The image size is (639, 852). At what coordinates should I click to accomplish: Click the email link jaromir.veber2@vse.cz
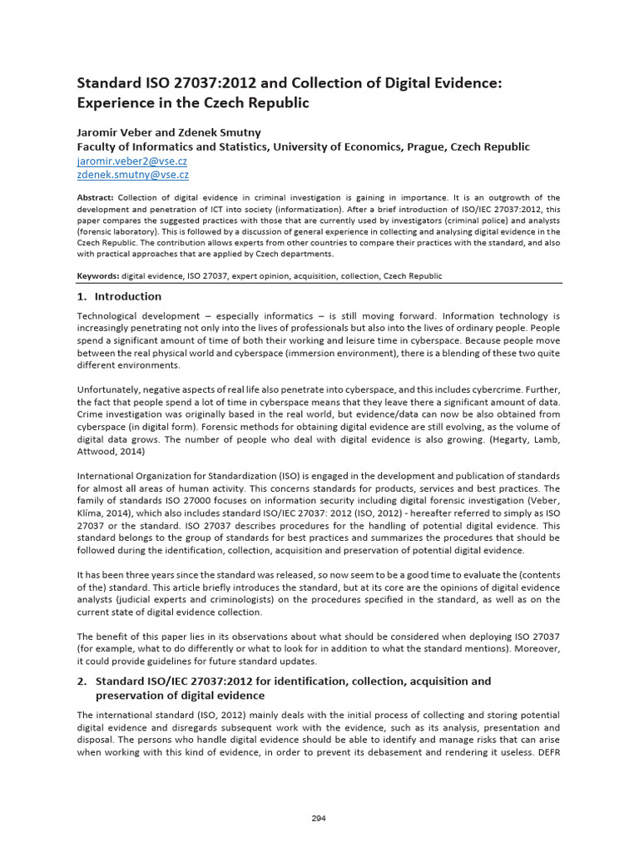pos(132,161)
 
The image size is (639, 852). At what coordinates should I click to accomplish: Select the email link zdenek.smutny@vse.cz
pos(132,175)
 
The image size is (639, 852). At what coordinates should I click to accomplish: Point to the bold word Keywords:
pos(98,275)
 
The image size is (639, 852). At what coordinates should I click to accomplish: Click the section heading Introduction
pos(128,296)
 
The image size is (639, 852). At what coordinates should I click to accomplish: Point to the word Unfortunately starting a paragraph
pos(111,389)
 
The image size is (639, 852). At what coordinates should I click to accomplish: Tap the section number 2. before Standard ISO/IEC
pos(82,681)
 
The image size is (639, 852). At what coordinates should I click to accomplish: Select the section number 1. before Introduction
pos(82,296)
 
